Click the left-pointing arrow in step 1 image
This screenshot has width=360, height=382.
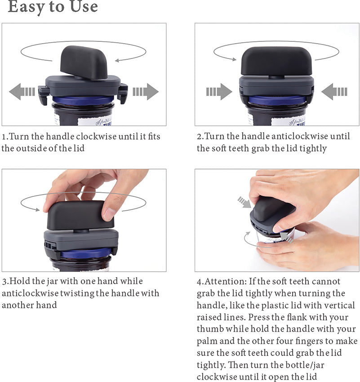pyautogui.click(x=22, y=92)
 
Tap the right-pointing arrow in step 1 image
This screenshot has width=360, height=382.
pyautogui.click(x=146, y=92)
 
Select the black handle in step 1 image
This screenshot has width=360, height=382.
pyautogui.click(x=84, y=62)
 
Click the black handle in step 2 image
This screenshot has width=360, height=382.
pyautogui.click(x=276, y=61)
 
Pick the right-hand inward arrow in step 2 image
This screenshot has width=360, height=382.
pyautogui.click(x=334, y=92)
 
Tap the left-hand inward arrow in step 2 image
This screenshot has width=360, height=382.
pyautogui.click(x=219, y=92)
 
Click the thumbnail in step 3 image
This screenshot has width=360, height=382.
pyautogui.click(x=109, y=213)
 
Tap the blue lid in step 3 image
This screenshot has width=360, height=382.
pyautogui.click(x=86, y=253)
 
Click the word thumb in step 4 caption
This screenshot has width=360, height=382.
pyautogui.click(x=210, y=329)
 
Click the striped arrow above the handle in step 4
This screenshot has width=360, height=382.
pyautogui.click(x=244, y=202)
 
